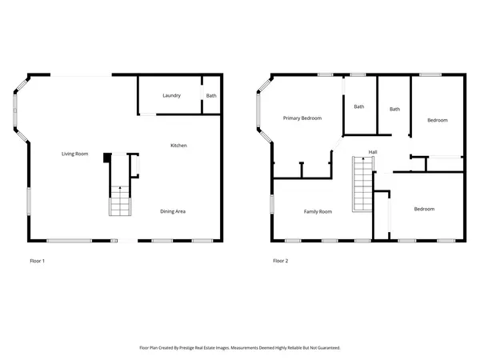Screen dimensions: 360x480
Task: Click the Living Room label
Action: (x=74, y=154)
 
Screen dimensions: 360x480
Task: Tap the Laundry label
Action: (x=171, y=96)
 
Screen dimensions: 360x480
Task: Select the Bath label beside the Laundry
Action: (x=210, y=96)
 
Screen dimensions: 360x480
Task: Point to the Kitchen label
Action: (x=178, y=146)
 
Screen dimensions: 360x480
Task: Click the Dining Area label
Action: (x=173, y=211)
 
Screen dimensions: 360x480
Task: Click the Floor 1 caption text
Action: (x=38, y=261)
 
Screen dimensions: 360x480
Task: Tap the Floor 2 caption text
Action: (x=280, y=261)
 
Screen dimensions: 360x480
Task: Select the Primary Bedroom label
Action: (x=302, y=118)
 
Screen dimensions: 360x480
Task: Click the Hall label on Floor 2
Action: (x=373, y=152)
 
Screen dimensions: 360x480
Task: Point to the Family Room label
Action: (x=317, y=212)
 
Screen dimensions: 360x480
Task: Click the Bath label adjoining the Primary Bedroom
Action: (x=359, y=106)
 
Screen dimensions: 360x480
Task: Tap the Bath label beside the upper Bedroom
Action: (x=394, y=109)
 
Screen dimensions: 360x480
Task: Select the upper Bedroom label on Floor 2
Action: (x=437, y=120)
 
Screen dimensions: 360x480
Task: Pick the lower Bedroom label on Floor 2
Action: (x=423, y=210)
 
